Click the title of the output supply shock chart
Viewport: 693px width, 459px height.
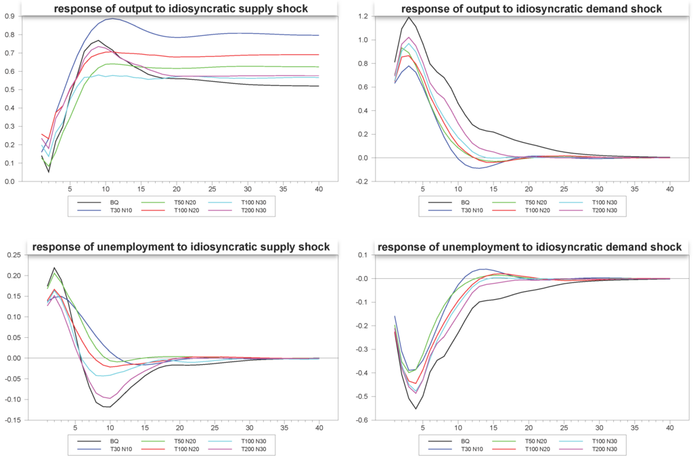(x=181, y=9)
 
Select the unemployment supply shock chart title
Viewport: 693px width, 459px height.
(x=181, y=247)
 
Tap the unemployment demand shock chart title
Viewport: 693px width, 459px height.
(x=530, y=247)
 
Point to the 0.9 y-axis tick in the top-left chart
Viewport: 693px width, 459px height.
(x=11, y=16)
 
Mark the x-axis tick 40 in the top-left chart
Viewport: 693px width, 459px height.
(x=319, y=189)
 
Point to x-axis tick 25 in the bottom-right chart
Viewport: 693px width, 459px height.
(x=564, y=428)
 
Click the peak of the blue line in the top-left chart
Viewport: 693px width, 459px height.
(x=112, y=18)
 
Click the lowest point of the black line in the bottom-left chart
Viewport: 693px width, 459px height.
(x=107, y=407)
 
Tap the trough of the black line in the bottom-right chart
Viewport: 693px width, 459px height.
(x=416, y=408)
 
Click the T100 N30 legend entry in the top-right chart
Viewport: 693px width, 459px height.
(x=604, y=202)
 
